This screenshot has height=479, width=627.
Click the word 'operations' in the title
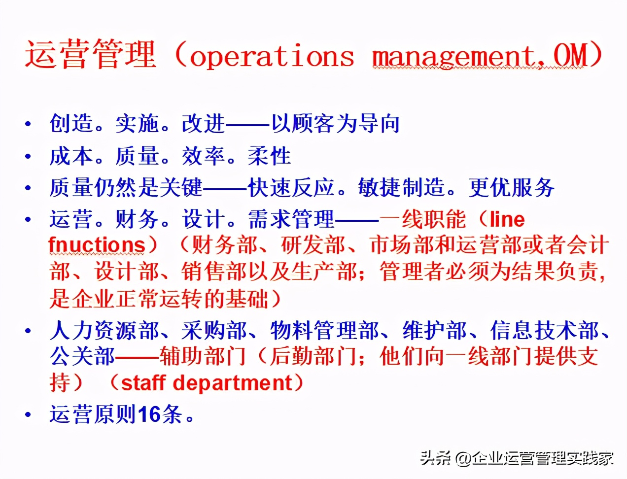[x=272, y=56]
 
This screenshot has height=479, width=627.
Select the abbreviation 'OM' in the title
[x=570, y=55]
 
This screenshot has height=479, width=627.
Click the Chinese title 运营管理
[x=91, y=54]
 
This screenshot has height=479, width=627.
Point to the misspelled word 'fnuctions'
[x=97, y=244]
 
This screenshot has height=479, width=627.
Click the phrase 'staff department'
[x=207, y=383]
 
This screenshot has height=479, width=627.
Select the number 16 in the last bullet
[x=149, y=414]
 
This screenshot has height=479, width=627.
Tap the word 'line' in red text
[x=507, y=219]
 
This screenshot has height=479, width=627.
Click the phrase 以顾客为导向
[x=335, y=124]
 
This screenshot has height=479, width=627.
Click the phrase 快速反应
[x=291, y=188]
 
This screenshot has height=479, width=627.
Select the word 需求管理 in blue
[x=291, y=219]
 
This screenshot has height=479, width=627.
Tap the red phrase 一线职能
[x=422, y=219]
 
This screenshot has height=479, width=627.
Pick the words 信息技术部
[x=545, y=331]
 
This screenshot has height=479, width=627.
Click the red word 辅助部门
[x=203, y=356]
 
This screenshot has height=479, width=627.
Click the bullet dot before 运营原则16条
[x=29, y=415]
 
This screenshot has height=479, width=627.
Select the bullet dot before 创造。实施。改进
[x=29, y=124]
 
